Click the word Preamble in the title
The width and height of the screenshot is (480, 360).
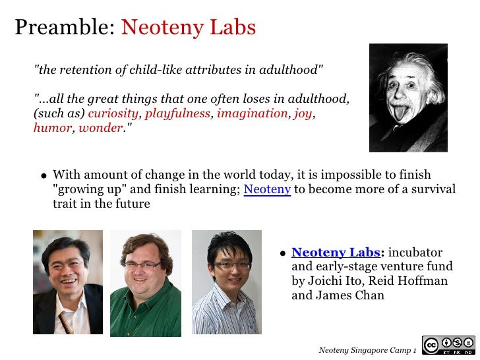(65, 28)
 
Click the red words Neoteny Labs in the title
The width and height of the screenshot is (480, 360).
(189, 28)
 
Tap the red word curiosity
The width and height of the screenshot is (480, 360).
(113, 113)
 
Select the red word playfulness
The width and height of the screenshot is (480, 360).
(177, 113)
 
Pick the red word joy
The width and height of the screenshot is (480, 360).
(303, 113)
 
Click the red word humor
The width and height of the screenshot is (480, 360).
(52, 128)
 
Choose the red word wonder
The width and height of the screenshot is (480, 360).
(100, 128)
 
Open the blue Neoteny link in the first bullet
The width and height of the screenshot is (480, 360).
(267, 190)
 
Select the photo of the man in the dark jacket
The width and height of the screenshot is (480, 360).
(68, 282)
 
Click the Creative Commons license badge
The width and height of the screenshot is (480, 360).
(448, 345)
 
